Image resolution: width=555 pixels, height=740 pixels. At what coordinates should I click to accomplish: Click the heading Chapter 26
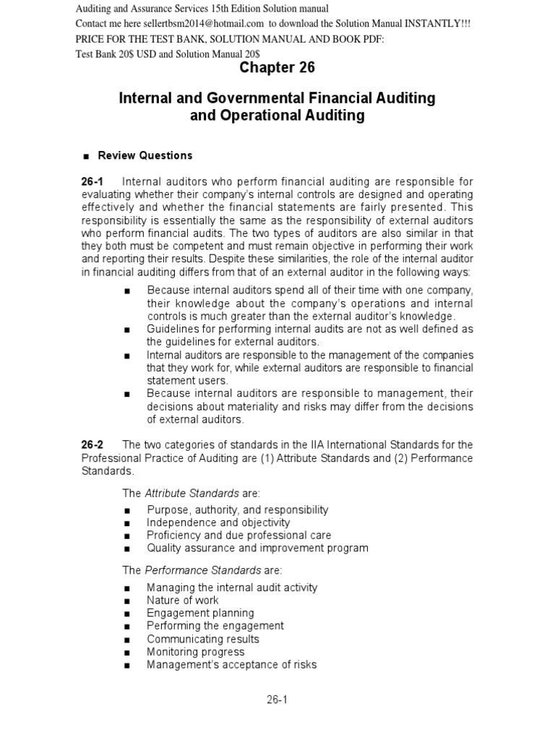pyautogui.click(x=277, y=67)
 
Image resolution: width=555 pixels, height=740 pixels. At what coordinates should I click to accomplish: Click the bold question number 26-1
pyautogui.click(x=94, y=181)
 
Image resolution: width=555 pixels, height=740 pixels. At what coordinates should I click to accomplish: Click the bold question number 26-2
pyautogui.click(x=94, y=444)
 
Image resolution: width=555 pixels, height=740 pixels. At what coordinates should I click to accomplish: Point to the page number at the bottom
pyautogui.click(x=277, y=699)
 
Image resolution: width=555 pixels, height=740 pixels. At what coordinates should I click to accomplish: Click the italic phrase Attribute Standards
pyautogui.click(x=192, y=493)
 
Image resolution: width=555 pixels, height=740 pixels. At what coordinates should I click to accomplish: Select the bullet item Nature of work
pyautogui.click(x=182, y=600)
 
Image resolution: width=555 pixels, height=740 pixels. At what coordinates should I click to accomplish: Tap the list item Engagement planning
pyautogui.click(x=200, y=613)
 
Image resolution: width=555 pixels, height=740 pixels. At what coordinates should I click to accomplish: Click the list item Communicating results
pyautogui.click(x=202, y=639)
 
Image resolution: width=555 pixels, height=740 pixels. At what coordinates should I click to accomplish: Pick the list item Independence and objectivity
pyautogui.click(x=218, y=522)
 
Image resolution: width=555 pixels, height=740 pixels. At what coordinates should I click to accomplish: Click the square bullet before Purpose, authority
pyautogui.click(x=127, y=510)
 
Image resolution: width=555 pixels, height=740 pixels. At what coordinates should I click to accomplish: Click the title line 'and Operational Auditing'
pyautogui.click(x=277, y=115)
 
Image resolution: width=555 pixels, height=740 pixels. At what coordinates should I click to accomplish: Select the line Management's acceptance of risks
pyautogui.click(x=231, y=665)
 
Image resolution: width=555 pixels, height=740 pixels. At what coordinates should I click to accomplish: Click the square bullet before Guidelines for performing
pyautogui.click(x=127, y=330)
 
